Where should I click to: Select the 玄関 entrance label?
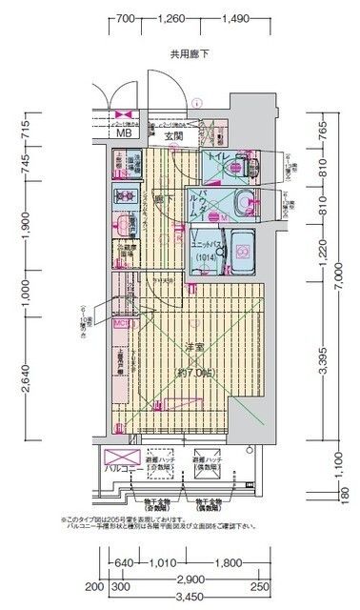pos(173,134)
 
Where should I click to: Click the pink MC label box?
pos(120,323)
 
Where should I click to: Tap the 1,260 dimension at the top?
pos(172,18)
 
